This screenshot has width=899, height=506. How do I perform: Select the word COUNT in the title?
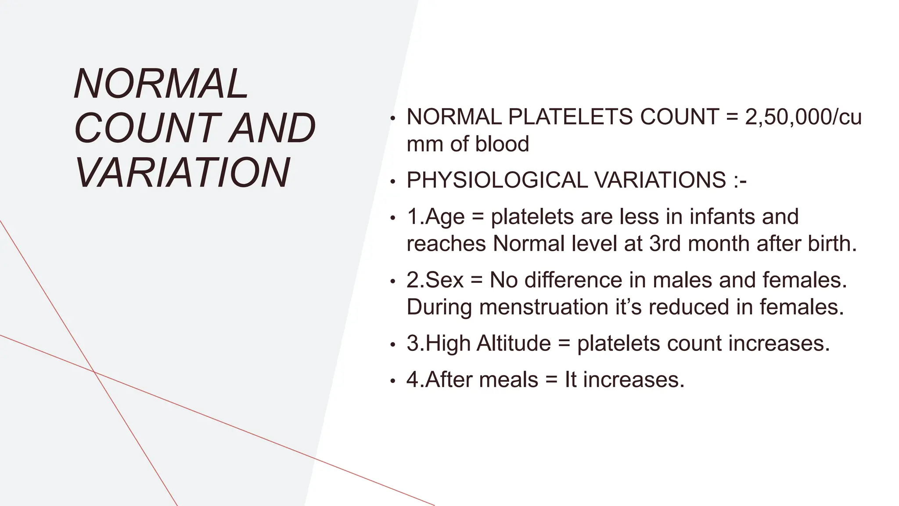pos(147,128)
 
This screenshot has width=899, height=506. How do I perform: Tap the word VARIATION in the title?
pos(182,172)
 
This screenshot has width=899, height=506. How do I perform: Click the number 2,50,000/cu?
pos(803,117)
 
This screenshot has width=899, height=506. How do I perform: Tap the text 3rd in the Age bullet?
pos(665,243)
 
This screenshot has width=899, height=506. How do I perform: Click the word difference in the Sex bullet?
pos(573,280)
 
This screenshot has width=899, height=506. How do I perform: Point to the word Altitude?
pos(513,343)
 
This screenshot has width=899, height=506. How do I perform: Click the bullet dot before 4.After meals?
pos(393,381)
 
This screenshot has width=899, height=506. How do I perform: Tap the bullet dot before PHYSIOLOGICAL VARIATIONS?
pos(393,181)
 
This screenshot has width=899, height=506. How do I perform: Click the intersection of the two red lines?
pos(94,372)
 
